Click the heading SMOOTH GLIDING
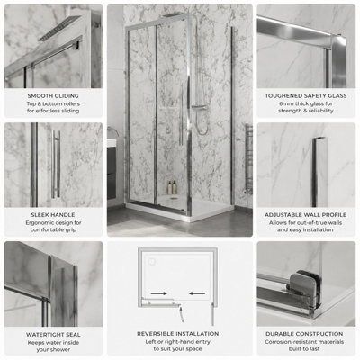click(53, 96)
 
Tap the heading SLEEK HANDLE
click(53, 215)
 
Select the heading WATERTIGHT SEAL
click(53, 335)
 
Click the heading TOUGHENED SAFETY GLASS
click(306, 96)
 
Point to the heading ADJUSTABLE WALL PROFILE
click(306, 215)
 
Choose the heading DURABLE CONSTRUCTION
click(304, 334)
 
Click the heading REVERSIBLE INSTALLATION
click(178, 334)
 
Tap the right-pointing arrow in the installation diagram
click(159, 293)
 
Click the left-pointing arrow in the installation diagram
click(197, 293)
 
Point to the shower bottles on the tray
click(172, 187)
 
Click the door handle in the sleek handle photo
click(56, 164)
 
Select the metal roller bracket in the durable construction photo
click(303, 288)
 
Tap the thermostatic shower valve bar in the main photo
click(199, 106)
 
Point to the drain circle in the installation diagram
click(152, 262)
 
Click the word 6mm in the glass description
click(283, 103)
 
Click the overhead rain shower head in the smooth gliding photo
click(59, 28)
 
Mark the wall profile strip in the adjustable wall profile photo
click(318, 172)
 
